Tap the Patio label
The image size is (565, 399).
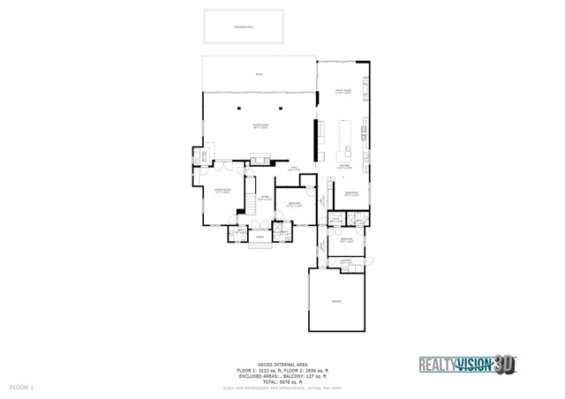259,75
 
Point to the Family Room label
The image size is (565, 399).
343,91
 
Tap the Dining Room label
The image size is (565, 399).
222,192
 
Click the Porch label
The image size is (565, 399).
260,237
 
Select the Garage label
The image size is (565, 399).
335,301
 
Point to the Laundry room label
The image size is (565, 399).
346,260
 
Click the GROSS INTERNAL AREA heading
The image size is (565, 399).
282,364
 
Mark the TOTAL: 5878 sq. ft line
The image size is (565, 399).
282,380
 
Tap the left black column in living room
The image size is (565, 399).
238,108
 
